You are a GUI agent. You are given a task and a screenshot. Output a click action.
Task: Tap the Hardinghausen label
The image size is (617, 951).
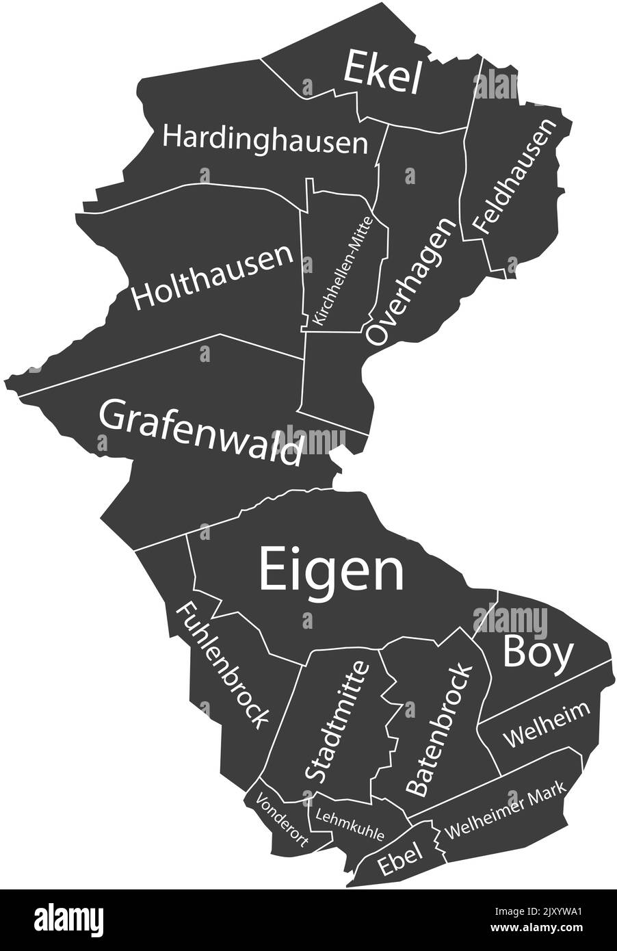point(265,139)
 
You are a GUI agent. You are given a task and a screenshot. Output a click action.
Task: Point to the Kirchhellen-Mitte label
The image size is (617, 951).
point(341,270)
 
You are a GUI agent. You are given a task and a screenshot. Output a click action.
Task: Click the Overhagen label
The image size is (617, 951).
point(410,281)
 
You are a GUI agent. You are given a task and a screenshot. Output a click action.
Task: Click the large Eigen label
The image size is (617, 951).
point(332,572)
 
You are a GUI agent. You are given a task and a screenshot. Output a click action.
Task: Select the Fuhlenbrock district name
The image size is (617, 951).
point(223,664)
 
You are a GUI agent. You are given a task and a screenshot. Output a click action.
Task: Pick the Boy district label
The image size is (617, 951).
point(538,652)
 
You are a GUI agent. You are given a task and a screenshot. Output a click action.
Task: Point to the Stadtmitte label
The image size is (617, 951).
point(337,721)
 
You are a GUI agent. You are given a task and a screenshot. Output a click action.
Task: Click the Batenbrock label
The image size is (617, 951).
point(438,729)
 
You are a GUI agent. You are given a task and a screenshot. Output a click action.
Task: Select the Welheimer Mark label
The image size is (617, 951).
point(506,811)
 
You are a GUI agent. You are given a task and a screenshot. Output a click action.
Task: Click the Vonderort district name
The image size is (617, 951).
point(283,821)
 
